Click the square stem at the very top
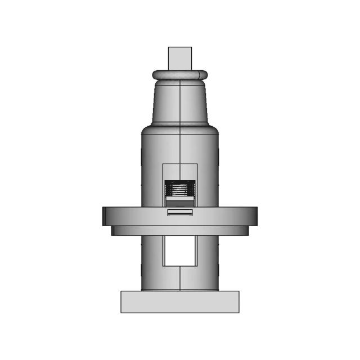(x=179, y=58)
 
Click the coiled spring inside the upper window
(x=179, y=190)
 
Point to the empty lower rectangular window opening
(x=179, y=250)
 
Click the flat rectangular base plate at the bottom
(x=179, y=301)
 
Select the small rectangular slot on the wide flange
(x=179, y=212)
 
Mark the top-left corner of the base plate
(x=121, y=291)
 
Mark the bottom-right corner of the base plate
(x=238, y=312)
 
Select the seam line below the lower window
(x=179, y=278)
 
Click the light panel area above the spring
(x=179, y=172)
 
